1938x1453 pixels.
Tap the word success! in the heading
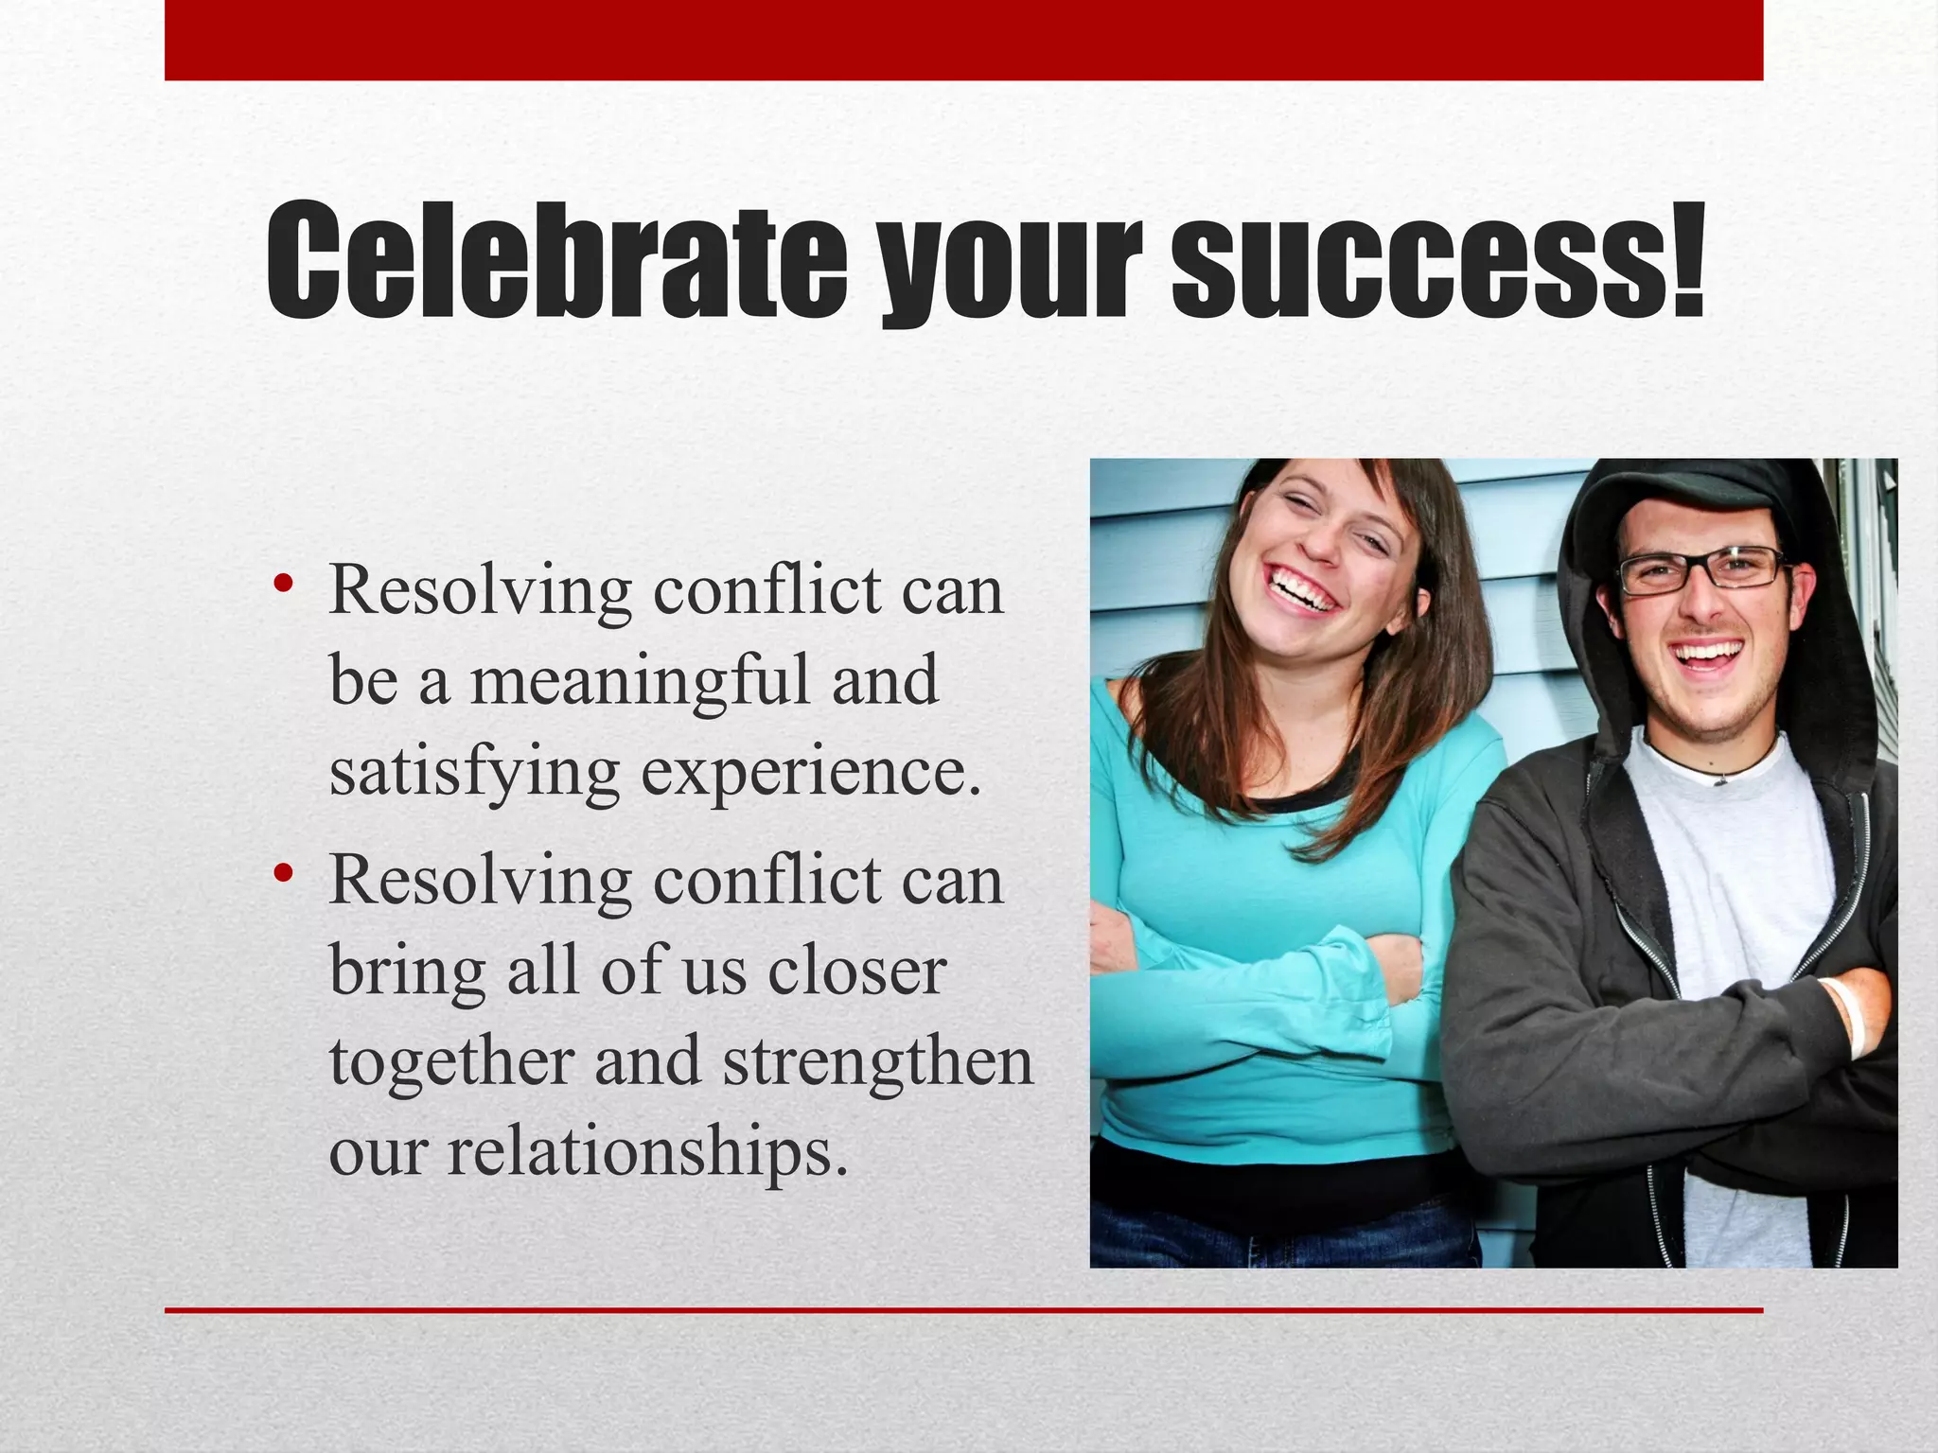1438,260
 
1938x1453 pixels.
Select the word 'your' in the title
1008,270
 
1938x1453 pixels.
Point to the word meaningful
640,681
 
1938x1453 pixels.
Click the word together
451,1061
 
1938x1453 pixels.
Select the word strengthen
877,1061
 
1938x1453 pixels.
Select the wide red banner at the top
963,40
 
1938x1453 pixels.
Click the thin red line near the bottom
963,1310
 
